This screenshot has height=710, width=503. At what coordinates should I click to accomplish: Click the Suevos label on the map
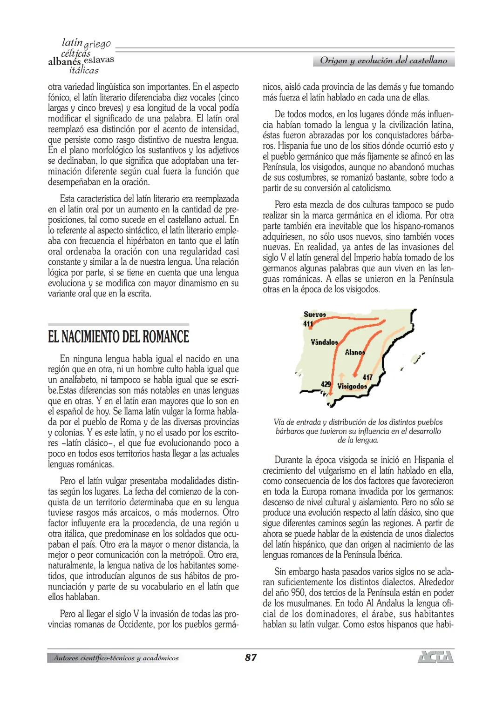314,315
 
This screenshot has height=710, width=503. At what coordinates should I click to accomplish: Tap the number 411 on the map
308,324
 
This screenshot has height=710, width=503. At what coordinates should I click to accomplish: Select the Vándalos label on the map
324,342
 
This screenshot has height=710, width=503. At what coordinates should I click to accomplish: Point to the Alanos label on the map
354,352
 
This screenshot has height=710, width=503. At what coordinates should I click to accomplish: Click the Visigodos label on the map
352,386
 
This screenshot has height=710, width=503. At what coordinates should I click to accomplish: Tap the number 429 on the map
326,384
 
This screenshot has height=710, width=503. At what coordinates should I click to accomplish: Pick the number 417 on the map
367,377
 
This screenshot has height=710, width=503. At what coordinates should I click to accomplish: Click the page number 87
251,657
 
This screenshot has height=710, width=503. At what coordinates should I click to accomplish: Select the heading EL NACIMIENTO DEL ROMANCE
118,337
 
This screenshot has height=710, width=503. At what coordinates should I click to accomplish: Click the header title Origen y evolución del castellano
383,60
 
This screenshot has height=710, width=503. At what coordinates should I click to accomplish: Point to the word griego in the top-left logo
97,45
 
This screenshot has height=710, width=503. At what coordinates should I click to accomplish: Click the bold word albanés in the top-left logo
64,62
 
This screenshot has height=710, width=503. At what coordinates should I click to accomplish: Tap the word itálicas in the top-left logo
84,70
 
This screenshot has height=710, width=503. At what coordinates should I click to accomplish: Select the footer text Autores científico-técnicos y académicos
116,658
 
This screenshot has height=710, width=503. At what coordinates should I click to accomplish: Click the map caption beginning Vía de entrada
358,431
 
